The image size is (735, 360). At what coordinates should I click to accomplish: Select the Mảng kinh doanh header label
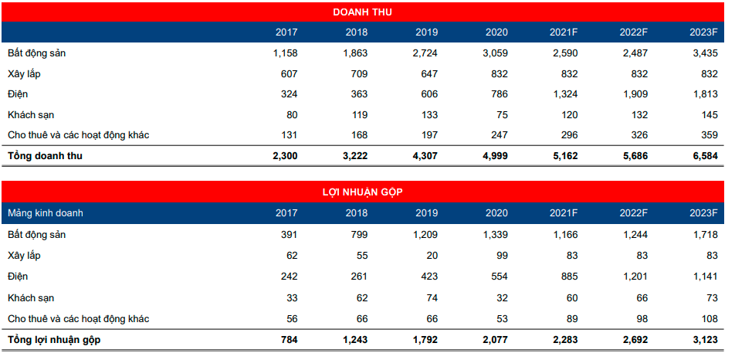click(46, 213)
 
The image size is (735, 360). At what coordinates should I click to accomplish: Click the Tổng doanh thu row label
click(45, 156)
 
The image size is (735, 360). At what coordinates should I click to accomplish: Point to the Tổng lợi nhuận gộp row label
click(54, 340)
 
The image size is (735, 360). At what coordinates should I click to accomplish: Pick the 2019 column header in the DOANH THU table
click(426, 32)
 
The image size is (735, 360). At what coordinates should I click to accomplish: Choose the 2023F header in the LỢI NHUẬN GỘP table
click(704, 213)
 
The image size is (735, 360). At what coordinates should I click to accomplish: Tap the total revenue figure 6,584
click(704, 156)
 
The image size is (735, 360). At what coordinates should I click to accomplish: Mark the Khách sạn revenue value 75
click(502, 115)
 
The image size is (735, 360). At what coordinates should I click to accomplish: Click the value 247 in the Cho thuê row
click(499, 135)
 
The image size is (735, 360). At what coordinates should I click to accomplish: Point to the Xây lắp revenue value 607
click(285, 74)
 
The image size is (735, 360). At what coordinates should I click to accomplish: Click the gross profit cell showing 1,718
click(704, 234)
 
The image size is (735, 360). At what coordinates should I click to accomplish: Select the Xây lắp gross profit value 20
click(432, 255)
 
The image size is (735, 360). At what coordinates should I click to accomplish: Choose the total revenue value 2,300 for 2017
click(283, 156)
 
